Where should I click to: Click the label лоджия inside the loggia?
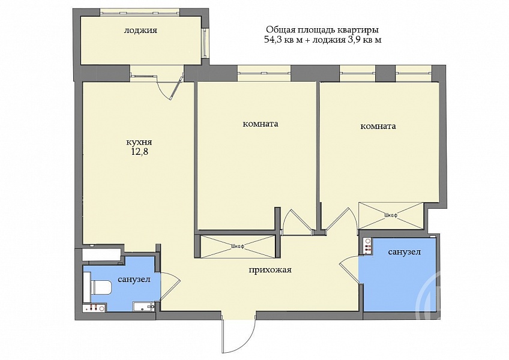pyautogui.click(x=140, y=31)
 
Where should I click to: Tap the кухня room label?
pyautogui.click(x=139, y=142)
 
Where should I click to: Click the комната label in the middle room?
pyautogui.click(x=261, y=124)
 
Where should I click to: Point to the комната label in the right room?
pyautogui.click(x=378, y=126)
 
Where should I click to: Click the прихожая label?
pyautogui.click(x=270, y=270)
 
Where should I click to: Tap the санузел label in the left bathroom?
pyautogui.click(x=134, y=279)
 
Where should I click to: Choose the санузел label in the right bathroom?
pyautogui.click(x=405, y=252)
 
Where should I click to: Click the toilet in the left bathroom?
pyautogui.click(x=101, y=287)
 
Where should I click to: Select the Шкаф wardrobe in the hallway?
pyautogui.click(x=236, y=247)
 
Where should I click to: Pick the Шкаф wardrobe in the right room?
pyautogui.click(x=391, y=215)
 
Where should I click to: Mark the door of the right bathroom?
pyautogui.click(x=349, y=269)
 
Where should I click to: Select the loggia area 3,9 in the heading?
pyautogui.click(x=356, y=40)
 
